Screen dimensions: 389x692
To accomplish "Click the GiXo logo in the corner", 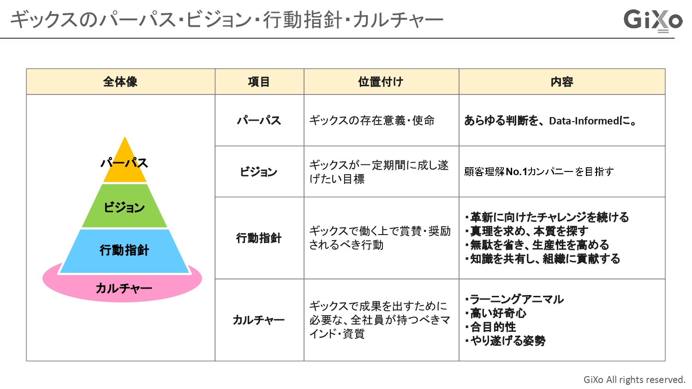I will [x=652, y=21].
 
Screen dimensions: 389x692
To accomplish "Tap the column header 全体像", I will [x=120, y=82].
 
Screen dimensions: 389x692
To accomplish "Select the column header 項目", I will [x=259, y=82].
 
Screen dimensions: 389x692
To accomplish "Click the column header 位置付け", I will [x=381, y=82].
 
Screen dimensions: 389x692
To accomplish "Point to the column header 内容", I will [x=561, y=82].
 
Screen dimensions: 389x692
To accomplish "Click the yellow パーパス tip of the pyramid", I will [x=125, y=164].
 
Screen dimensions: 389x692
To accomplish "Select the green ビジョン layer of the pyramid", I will [x=125, y=207].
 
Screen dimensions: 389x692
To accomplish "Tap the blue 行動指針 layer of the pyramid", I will [x=125, y=250].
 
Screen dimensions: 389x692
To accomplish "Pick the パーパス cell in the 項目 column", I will [x=259, y=121].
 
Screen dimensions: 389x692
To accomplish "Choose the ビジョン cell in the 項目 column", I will [x=259, y=172].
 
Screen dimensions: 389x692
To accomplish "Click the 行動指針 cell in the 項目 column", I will [x=259, y=238].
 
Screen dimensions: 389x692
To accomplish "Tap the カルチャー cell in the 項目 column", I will [x=259, y=320].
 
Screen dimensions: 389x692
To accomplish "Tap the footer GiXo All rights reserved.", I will [x=634, y=380].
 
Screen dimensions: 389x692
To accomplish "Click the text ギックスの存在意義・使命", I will [x=372, y=121].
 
